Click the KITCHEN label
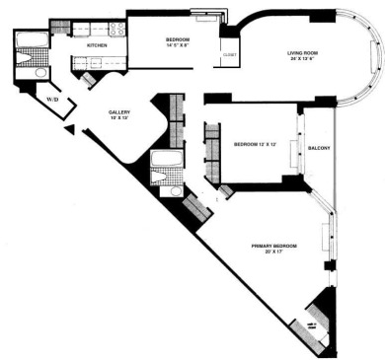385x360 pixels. [98, 45]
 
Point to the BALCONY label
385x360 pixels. [319, 148]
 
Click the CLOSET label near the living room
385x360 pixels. [229, 55]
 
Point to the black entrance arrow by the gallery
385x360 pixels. [69, 129]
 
